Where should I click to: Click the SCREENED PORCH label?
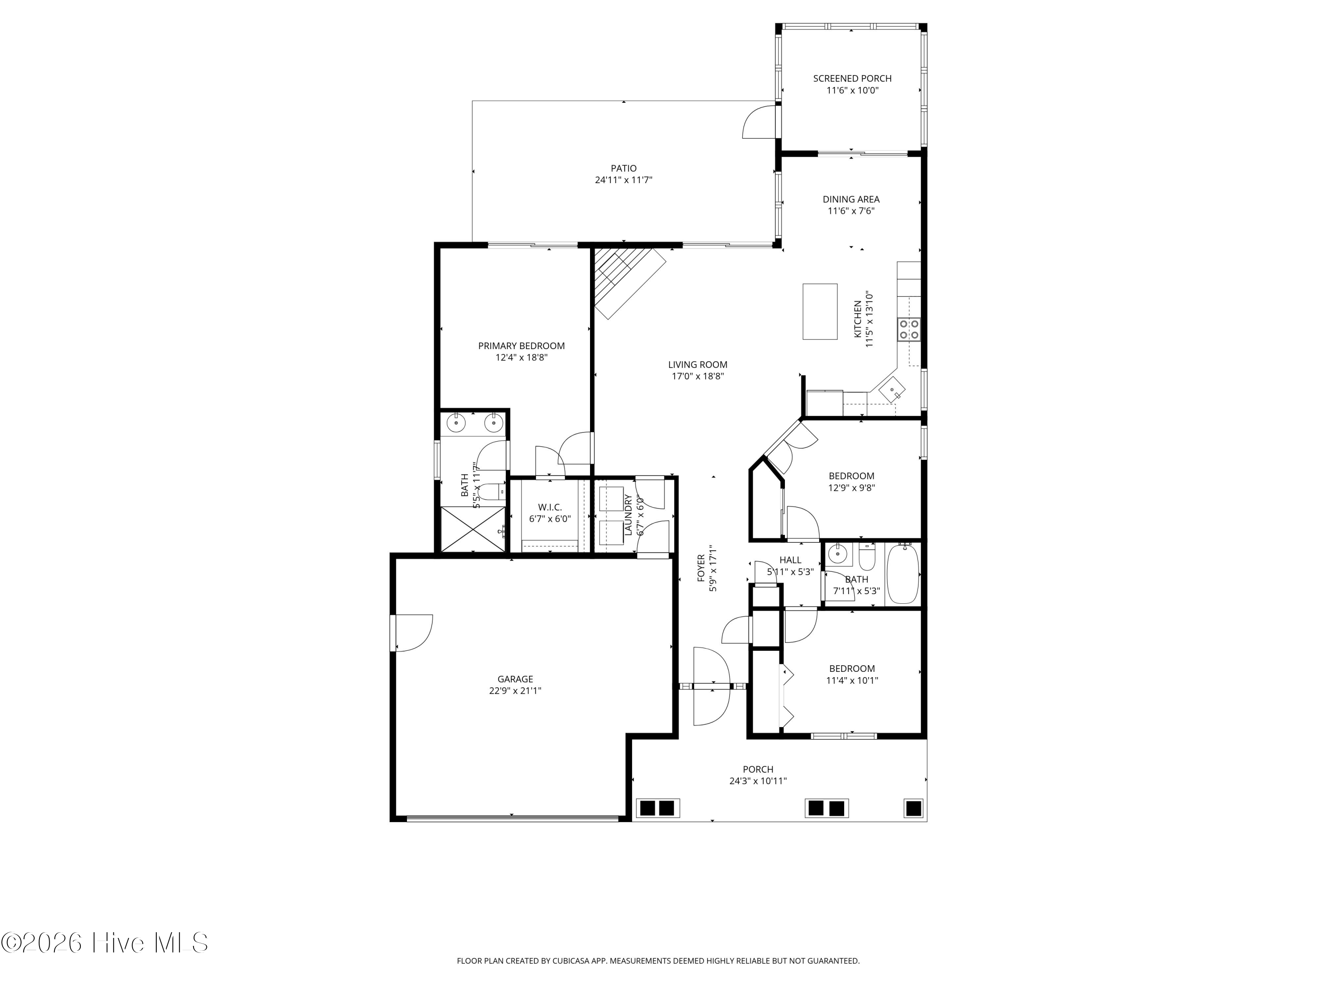[x=852, y=78]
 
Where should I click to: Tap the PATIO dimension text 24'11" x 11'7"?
[x=623, y=180]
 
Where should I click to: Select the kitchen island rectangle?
[x=820, y=311]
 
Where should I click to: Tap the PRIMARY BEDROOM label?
[x=521, y=346]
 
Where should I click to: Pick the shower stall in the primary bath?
[x=473, y=530]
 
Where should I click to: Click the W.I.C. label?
[x=550, y=507]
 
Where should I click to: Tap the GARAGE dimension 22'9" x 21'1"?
[x=515, y=691]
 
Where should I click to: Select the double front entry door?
[x=712, y=686]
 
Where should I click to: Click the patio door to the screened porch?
[x=760, y=122]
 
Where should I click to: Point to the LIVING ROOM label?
[x=697, y=364]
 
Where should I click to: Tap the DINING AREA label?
[x=851, y=199]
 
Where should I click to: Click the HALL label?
[x=790, y=560]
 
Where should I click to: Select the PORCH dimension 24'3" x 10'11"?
[x=758, y=781]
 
